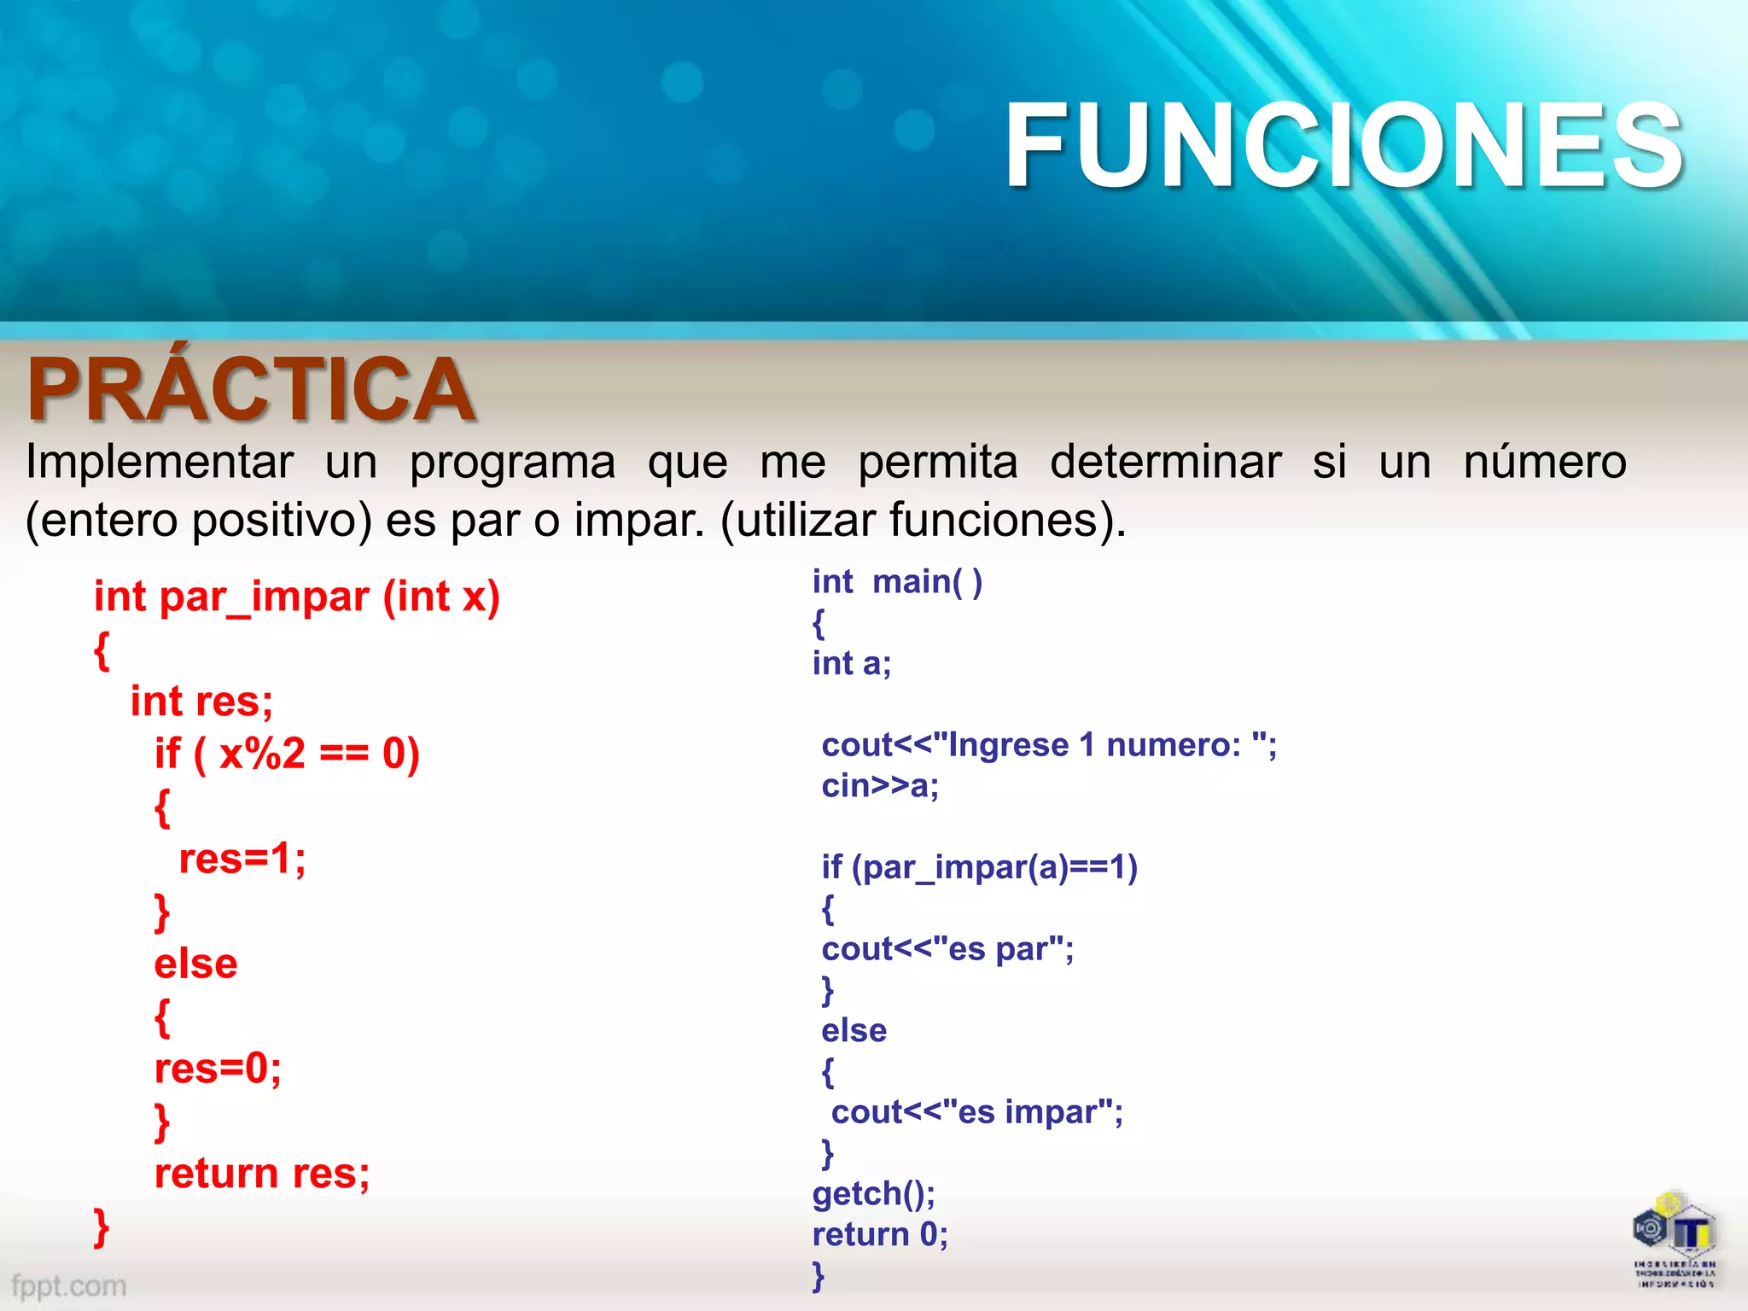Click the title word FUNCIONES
[x=1343, y=145]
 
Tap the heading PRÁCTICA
[x=251, y=389]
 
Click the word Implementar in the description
[x=160, y=463]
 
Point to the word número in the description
[x=1545, y=463]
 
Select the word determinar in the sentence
[x=1165, y=463]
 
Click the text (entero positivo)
[x=199, y=520]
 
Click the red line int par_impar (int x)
[x=296, y=597]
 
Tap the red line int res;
[x=201, y=702]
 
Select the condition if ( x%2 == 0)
[x=287, y=755]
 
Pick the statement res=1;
[x=242, y=859]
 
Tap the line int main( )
[x=897, y=582]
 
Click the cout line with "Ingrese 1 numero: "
[x=1049, y=745]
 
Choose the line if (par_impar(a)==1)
[x=979, y=867]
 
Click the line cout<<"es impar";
[x=976, y=1112]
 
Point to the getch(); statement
[x=873, y=1193]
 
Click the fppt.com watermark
[x=68, y=1285]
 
